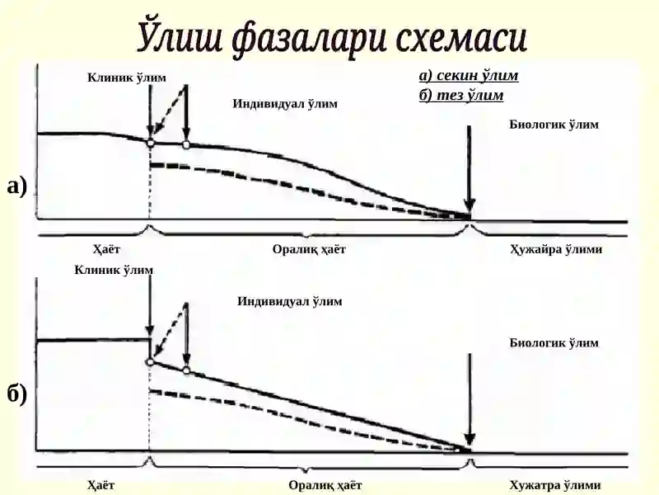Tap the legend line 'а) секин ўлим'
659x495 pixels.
[469, 75]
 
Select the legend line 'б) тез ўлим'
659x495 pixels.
[461, 95]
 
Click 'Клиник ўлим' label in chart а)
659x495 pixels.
[127, 78]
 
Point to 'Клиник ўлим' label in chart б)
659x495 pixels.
[114, 270]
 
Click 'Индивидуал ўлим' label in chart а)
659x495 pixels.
[285, 103]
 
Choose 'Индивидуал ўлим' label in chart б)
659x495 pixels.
[290, 301]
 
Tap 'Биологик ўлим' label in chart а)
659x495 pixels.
[554, 125]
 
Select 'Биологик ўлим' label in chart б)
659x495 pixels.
[554, 342]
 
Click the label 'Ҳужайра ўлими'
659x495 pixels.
[556, 249]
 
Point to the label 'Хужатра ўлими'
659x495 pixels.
[554, 485]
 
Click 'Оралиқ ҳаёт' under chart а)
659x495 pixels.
[309, 249]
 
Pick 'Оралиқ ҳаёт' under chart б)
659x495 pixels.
[325, 485]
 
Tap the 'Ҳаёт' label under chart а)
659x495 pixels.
[106, 249]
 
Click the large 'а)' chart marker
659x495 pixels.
[16, 186]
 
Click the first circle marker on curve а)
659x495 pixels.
[150, 143]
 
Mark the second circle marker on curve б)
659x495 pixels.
[187, 370]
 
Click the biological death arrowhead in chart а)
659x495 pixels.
[469, 205]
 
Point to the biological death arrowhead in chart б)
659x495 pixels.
[469, 439]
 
